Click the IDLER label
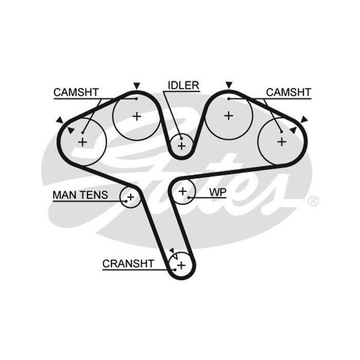[183, 85]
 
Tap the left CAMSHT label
[76, 92]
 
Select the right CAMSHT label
[289, 92]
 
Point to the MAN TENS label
[80, 195]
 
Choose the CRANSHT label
[128, 264]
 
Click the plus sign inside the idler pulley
[181, 146]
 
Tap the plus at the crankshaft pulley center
[181, 265]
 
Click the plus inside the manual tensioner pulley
[131, 196]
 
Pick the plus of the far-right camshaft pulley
[281, 141]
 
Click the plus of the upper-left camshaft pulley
[136, 116]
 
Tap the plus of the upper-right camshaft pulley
[229, 116]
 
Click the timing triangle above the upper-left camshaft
[136, 85]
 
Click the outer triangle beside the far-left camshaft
[60, 120]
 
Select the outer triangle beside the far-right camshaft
[304, 119]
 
